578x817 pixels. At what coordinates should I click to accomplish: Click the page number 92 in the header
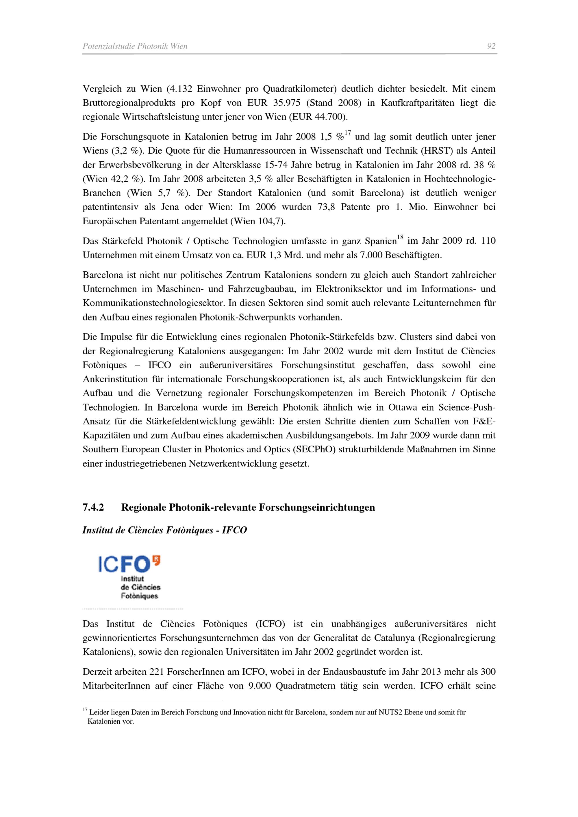(x=491, y=46)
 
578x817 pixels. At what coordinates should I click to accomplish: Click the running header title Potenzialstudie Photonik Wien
(x=135, y=46)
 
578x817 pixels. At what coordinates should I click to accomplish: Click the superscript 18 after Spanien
(x=400, y=237)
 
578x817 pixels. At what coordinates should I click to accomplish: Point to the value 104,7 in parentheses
(x=271, y=221)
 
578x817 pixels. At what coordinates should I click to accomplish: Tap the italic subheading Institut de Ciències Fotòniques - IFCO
(x=164, y=530)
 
